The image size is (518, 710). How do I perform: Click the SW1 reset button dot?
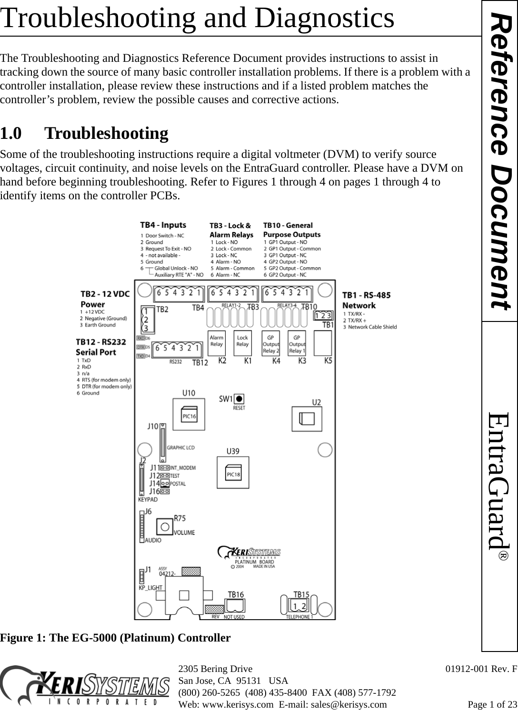tap(240, 399)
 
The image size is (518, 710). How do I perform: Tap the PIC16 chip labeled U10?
tap(189, 415)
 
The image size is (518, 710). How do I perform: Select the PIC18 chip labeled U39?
tap(233, 474)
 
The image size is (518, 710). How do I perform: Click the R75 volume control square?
tap(164, 526)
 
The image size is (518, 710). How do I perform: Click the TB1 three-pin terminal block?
tap(324, 315)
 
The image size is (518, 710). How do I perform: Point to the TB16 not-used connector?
tap(234, 605)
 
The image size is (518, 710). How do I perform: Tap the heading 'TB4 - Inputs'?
tap(163, 225)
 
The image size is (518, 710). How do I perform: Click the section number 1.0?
tap(10, 134)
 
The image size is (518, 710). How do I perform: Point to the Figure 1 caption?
tap(115, 637)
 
